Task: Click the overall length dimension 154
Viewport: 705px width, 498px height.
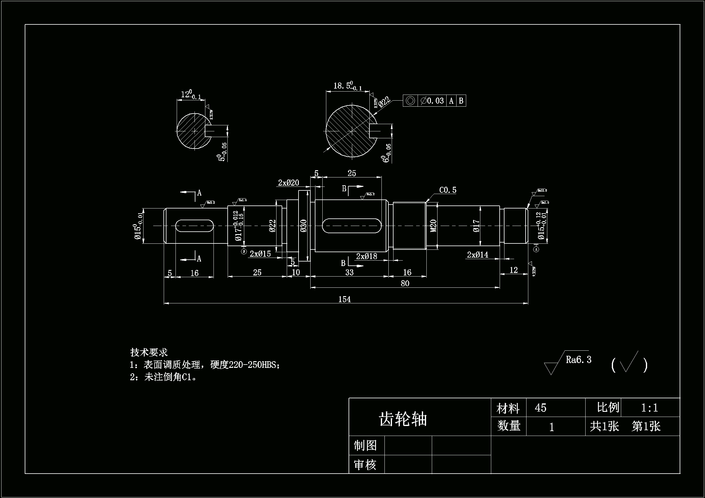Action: [345, 299]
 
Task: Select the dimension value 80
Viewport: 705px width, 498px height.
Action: [405, 283]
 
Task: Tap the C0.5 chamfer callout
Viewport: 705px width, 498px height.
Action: [448, 190]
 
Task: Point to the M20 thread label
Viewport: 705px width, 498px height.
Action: [433, 226]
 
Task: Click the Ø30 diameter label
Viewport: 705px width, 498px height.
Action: [303, 226]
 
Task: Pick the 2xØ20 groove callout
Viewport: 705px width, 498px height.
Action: [288, 183]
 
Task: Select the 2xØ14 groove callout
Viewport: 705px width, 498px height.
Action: [477, 255]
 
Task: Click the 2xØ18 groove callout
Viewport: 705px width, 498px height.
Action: [367, 256]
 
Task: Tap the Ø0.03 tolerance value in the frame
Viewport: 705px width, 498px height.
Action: [432, 101]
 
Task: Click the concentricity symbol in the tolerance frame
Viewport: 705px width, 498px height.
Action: [410, 101]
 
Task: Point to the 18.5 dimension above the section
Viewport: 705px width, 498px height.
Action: [347, 86]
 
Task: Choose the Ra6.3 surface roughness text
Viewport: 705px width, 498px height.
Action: [578, 360]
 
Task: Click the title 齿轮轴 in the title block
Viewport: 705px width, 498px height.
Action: [403, 419]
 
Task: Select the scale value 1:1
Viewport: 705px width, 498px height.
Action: [650, 408]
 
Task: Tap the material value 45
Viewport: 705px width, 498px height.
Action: [540, 408]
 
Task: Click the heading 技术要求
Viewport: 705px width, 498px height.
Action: [149, 352]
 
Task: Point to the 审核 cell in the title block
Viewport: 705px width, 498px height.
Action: [365, 465]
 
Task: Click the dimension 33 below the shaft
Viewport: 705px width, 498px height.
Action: [349, 272]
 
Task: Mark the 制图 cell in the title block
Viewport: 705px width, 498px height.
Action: [365, 446]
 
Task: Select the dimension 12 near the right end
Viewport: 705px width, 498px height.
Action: [514, 270]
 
